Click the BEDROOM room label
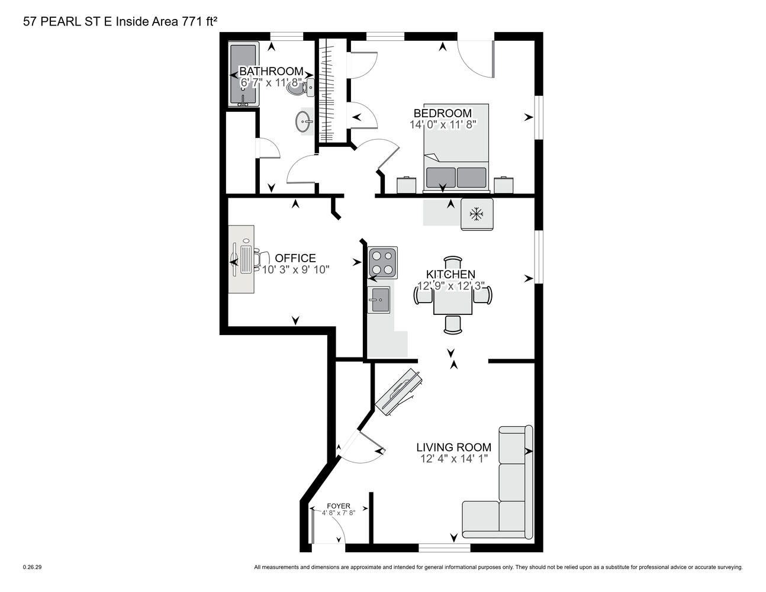(x=442, y=113)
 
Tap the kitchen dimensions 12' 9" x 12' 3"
(x=451, y=286)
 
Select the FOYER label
(x=339, y=506)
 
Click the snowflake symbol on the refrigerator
(x=476, y=214)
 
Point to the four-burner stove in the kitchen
(x=382, y=262)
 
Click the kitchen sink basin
(x=379, y=300)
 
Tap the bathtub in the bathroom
(x=243, y=74)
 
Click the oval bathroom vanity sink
(x=304, y=121)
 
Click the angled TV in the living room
(x=398, y=393)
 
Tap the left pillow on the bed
(x=440, y=178)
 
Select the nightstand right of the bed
(x=503, y=185)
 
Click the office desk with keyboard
(x=241, y=259)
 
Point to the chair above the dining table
(x=453, y=265)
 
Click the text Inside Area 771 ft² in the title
(x=166, y=21)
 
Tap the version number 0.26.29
(x=32, y=567)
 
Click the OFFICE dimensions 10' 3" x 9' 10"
(x=295, y=269)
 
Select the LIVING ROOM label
(x=453, y=447)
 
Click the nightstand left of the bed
(x=407, y=185)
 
